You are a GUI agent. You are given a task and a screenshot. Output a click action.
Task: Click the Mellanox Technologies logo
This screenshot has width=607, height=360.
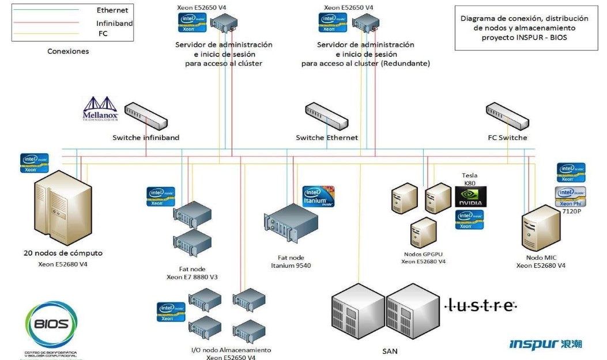coord(101,109)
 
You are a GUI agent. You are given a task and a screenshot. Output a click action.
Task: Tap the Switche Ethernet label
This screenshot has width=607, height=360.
coord(327,138)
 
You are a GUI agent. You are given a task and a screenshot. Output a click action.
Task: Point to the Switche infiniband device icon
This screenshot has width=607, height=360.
coord(146,115)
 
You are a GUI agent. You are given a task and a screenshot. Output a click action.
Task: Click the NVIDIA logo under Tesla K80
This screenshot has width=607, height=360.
coord(470,196)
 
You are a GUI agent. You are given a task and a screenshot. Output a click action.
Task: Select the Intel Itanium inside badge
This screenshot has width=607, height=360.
coord(319,197)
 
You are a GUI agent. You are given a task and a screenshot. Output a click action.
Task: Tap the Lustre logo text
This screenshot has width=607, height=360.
coord(482,305)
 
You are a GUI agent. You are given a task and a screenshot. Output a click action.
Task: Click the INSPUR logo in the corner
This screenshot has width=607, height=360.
coord(545,344)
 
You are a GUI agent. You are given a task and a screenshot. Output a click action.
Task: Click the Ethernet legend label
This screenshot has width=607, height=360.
coord(112,10)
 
